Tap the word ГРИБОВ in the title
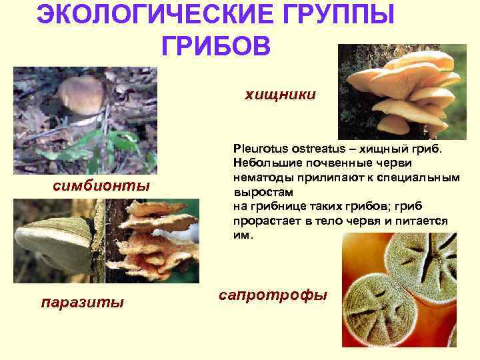pyautogui.click(x=216, y=46)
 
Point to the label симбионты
pyautogui.click(x=101, y=185)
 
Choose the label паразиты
pyautogui.click(x=83, y=303)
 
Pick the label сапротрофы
pyautogui.click(x=273, y=294)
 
